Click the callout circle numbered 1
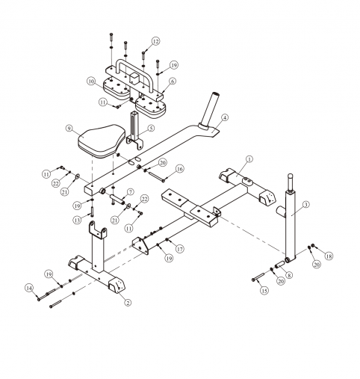click(x=249, y=159)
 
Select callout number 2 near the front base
click(x=128, y=303)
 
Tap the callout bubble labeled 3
click(x=306, y=205)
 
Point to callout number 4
click(x=225, y=117)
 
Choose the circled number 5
click(x=151, y=128)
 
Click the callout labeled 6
click(x=172, y=81)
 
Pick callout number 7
click(x=130, y=192)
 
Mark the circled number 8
click(x=289, y=275)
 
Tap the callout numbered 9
click(x=69, y=128)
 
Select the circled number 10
click(x=91, y=81)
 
